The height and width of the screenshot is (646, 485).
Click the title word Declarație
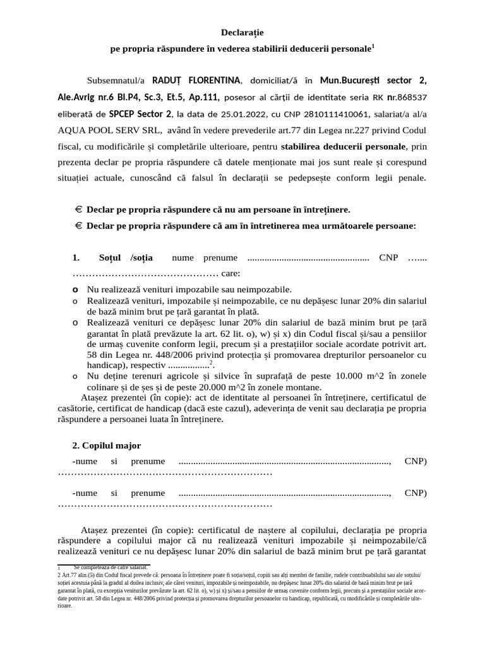(x=242, y=32)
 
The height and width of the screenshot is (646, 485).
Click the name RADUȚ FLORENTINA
(x=196, y=80)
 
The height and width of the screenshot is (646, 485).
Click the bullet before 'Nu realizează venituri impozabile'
(x=75, y=289)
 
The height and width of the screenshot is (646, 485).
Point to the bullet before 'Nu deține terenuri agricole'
(x=75, y=376)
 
